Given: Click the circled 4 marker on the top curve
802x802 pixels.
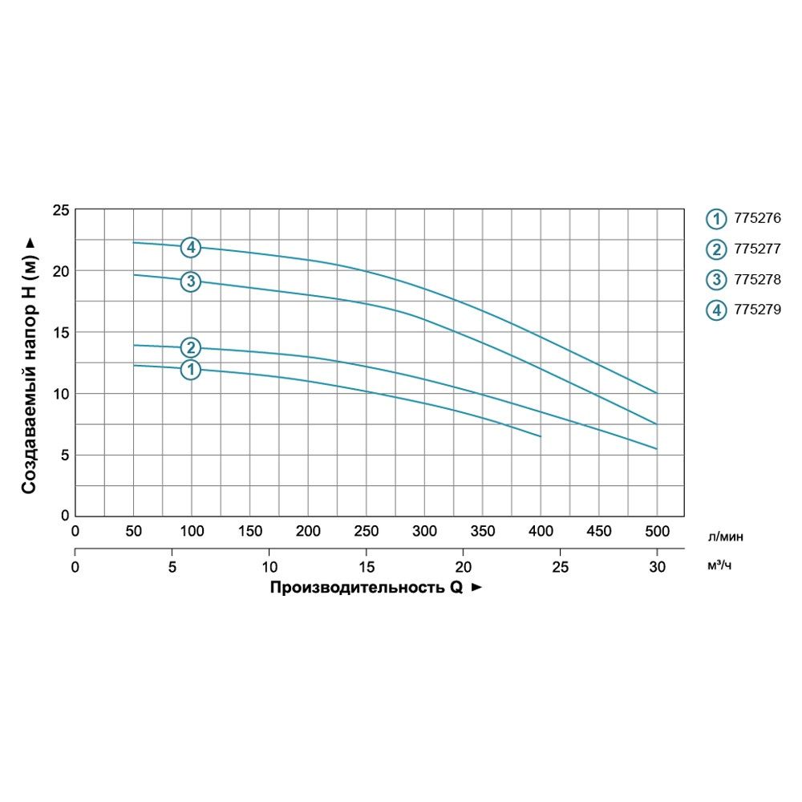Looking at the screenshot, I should pos(191,247).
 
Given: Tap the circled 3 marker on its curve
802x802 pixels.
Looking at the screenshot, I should pos(191,282).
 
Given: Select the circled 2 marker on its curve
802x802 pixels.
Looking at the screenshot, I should pos(191,347).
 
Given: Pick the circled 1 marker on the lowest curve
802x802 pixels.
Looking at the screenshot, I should pos(191,370).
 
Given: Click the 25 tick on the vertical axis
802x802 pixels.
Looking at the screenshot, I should pos(61,210).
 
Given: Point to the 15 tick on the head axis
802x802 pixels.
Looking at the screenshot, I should pos(61,333).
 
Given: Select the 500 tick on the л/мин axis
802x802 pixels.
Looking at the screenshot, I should pos(657,531).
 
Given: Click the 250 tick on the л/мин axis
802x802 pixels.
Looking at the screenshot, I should pos(367,531).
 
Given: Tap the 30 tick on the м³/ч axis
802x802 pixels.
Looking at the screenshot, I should pos(657,567).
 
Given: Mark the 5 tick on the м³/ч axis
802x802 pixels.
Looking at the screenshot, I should pos(172,567).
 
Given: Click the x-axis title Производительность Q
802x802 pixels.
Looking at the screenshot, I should pos(368,587).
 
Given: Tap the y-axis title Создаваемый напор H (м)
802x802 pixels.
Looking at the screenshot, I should pos(30,365).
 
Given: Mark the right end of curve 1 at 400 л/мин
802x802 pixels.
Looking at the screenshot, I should pos(541,436).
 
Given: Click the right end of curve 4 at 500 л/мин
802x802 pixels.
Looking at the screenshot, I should pos(657,393).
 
